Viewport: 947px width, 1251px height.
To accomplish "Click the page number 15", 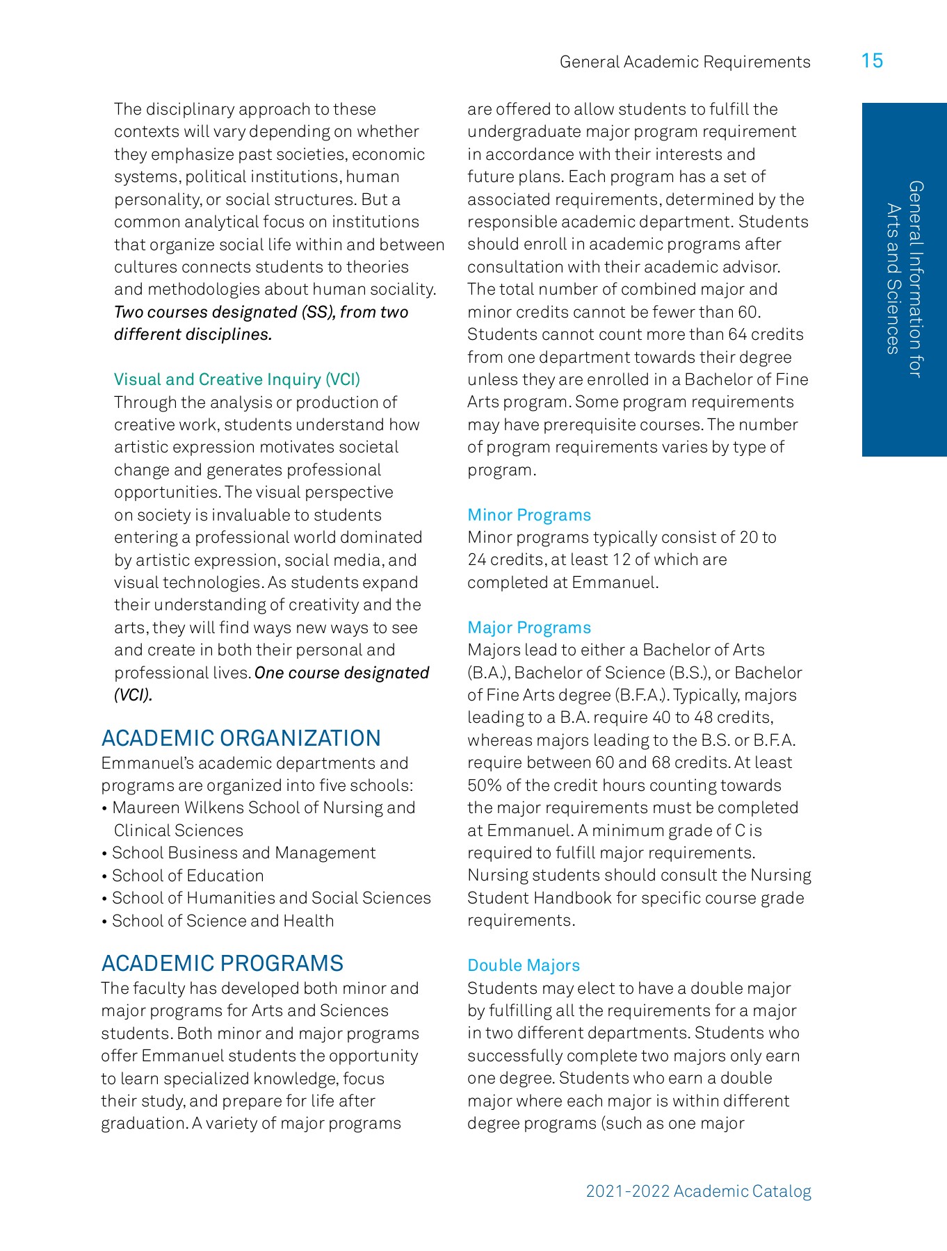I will (871, 61).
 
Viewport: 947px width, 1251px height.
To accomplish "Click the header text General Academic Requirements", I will (685, 62).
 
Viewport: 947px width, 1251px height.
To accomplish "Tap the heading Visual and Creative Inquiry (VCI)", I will (237, 379).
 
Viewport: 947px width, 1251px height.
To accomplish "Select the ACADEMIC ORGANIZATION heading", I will (241, 738).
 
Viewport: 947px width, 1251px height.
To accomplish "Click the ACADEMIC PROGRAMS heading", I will (222, 963).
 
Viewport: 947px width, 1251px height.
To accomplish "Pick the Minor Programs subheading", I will (529, 515).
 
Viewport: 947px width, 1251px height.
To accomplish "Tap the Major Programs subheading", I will (529, 628).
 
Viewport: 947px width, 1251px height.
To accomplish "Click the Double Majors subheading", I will (524, 965).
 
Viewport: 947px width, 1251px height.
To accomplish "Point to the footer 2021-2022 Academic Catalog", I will (698, 1191).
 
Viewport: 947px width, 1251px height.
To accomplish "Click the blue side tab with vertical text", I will (904, 279).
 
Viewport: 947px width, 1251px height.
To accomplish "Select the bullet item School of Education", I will (188, 876).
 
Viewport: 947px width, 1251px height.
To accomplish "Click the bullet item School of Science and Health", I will (222, 921).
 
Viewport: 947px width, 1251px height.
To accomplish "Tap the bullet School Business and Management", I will (243, 853).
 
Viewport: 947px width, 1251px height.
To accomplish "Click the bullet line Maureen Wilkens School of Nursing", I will (263, 808).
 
